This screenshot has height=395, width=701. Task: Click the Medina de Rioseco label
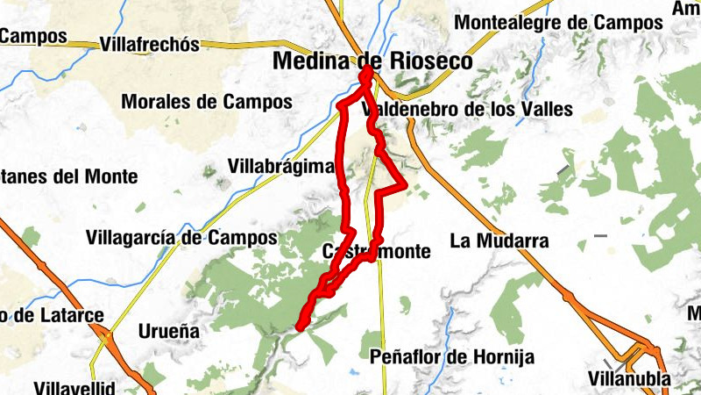click(372, 61)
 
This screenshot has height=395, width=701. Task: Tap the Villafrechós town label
click(150, 45)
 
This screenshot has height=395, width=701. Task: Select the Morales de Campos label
click(207, 102)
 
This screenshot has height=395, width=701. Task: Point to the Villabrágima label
click(281, 166)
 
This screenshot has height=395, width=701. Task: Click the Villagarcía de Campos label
click(182, 237)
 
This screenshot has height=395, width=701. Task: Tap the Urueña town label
click(169, 331)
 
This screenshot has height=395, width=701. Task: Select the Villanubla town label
click(629, 379)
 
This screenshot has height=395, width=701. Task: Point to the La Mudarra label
click(499, 240)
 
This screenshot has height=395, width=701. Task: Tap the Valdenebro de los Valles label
click(467, 109)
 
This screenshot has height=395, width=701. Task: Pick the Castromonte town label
click(377, 252)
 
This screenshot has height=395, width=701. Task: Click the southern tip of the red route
click(300, 327)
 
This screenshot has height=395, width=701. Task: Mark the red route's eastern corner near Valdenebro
click(404, 184)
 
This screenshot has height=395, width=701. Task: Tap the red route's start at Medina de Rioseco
click(365, 77)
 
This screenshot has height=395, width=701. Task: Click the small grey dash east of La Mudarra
click(600, 235)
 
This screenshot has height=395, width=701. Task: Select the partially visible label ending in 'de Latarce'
click(52, 315)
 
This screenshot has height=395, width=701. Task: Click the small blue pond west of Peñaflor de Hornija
click(352, 372)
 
